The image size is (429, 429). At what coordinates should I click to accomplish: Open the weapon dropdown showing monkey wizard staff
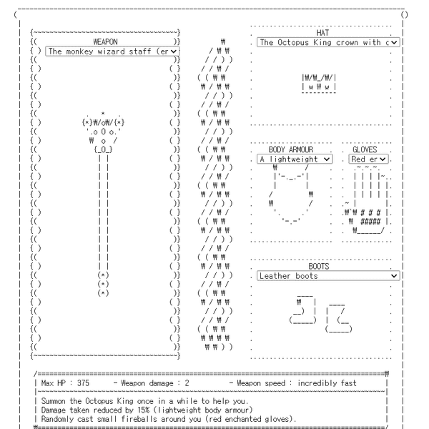tap(107, 51)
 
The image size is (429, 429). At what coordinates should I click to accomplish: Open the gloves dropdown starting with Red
tap(369, 159)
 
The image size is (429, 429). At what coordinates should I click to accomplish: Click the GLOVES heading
tap(365, 149)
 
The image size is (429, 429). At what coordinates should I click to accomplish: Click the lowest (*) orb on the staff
tap(103, 292)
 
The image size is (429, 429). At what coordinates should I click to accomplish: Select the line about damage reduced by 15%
tap(150, 409)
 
